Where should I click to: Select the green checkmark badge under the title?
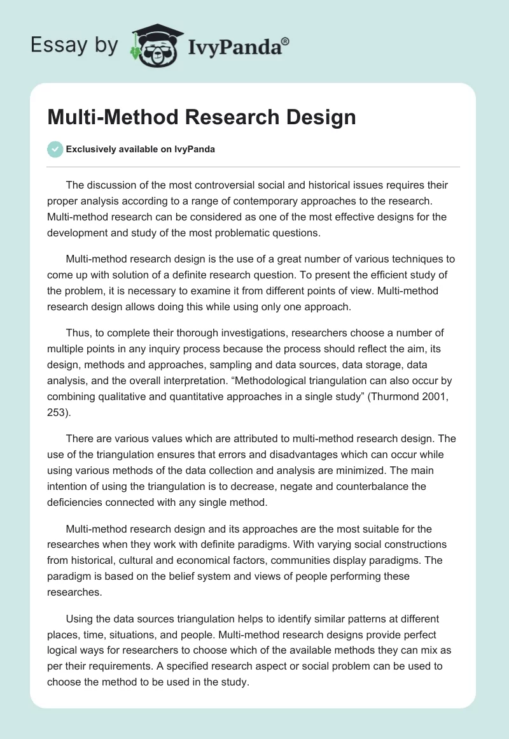[x=55, y=149]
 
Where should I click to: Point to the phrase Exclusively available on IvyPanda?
[x=141, y=150]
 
